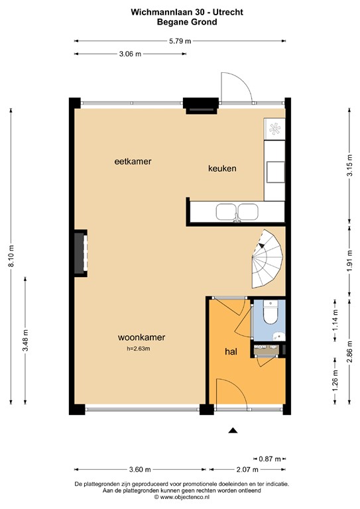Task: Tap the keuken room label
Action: pos(222,168)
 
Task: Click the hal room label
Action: pos(230,351)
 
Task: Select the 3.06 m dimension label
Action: pos(129,54)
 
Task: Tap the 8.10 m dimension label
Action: pos(11,256)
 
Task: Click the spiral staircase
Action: pos(267,258)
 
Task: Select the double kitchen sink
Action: pos(237,211)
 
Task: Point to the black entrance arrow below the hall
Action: pos(233,431)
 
